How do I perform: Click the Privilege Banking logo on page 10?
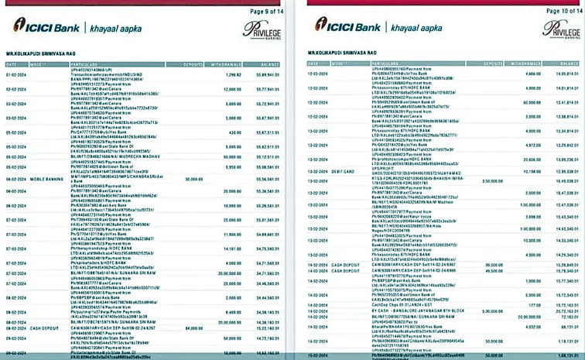pyautogui.click(x=562, y=29)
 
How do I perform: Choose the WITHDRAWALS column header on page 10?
pyautogui.click(x=524, y=63)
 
